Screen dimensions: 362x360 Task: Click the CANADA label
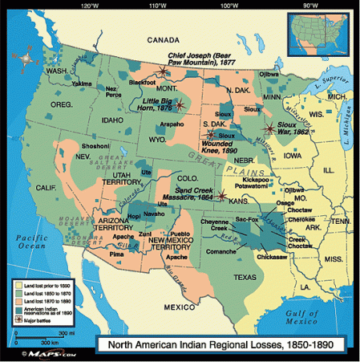163,39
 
